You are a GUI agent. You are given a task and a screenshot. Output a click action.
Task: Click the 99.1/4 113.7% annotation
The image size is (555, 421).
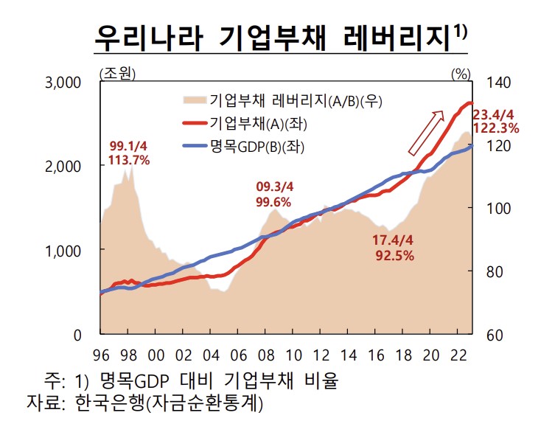(129, 153)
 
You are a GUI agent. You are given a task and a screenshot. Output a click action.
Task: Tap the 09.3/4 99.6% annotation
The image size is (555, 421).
(273, 195)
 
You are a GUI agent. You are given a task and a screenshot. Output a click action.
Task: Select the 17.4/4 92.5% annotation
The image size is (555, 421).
(393, 249)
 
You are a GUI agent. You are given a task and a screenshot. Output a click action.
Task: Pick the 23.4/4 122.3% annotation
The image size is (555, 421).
(495, 121)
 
